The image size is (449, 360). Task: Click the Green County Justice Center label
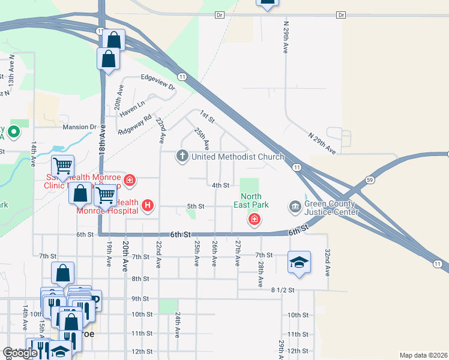point(331,207)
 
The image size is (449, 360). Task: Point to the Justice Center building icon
point(295,207)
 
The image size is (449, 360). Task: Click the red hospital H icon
point(148,207)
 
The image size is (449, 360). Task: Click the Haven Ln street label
point(132,108)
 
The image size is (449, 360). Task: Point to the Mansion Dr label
point(80,127)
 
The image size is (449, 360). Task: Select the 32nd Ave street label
point(328,262)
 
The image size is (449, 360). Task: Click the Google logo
point(20,353)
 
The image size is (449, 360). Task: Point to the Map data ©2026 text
point(423,355)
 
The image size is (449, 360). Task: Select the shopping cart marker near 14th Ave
point(63,165)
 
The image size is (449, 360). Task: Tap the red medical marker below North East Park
point(255,220)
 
